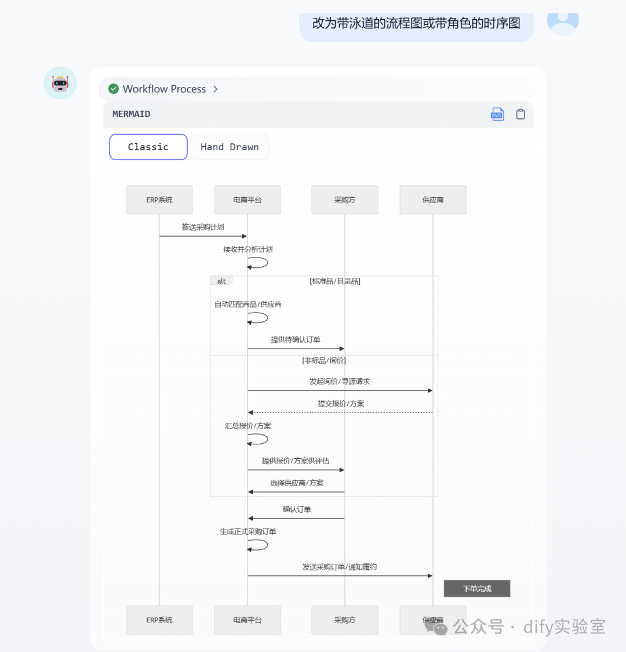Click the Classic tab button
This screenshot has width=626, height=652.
coord(148,147)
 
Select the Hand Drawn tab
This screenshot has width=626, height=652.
coord(230,147)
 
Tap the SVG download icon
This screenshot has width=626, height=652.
coord(497,114)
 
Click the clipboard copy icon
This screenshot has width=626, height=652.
coord(521,114)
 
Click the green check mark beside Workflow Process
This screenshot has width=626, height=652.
coord(114,89)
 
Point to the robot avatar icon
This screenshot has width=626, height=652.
coord(60,83)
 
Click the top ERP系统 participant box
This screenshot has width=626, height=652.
coord(159,200)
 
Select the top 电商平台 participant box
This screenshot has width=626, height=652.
coord(248,200)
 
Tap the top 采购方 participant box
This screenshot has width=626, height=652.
coord(345,200)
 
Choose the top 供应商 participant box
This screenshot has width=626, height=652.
coord(433,200)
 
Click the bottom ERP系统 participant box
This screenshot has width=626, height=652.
coord(159,620)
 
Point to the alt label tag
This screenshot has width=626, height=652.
coord(221,281)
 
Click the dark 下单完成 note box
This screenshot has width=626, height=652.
coord(477,588)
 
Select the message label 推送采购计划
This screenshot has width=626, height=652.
coord(203,227)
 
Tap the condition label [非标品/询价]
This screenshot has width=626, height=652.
coord(324,360)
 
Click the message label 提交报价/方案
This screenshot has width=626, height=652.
coord(341,403)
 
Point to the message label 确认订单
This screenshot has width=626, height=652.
coord(297,509)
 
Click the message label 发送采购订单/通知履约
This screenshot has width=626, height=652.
coord(340,567)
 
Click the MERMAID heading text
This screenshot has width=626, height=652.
coord(131,114)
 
